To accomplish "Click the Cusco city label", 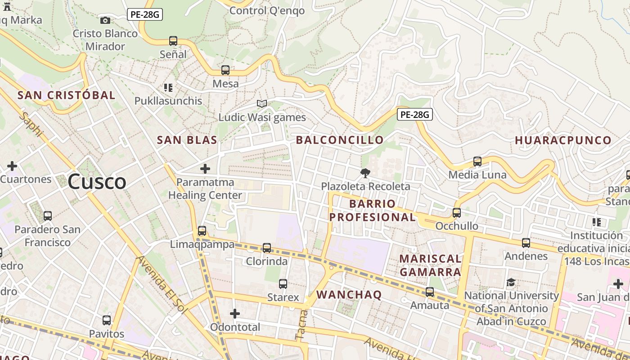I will [x=97, y=182].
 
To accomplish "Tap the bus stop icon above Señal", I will [x=173, y=41].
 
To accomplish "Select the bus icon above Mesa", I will [x=225, y=70].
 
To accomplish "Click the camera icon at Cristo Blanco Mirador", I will [x=105, y=20].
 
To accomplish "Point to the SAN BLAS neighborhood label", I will [x=187, y=140].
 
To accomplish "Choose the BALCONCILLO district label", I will [x=340, y=140].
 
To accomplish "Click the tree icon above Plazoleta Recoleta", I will [x=365, y=173].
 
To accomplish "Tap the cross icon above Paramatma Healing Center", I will [x=205, y=169].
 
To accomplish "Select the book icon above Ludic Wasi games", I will [x=262, y=104].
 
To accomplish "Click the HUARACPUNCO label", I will [x=563, y=140].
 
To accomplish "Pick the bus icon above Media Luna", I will [x=477, y=161].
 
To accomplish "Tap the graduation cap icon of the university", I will [x=511, y=282].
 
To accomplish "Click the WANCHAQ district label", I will [x=349, y=295].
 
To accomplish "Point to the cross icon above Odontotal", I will [x=235, y=313].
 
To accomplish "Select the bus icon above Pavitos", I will [x=107, y=320].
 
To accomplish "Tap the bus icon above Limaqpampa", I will [x=202, y=231].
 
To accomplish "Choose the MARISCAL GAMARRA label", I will [x=430, y=265].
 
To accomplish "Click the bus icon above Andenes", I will [x=526, y=243].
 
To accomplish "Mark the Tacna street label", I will [x=301, y=324].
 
